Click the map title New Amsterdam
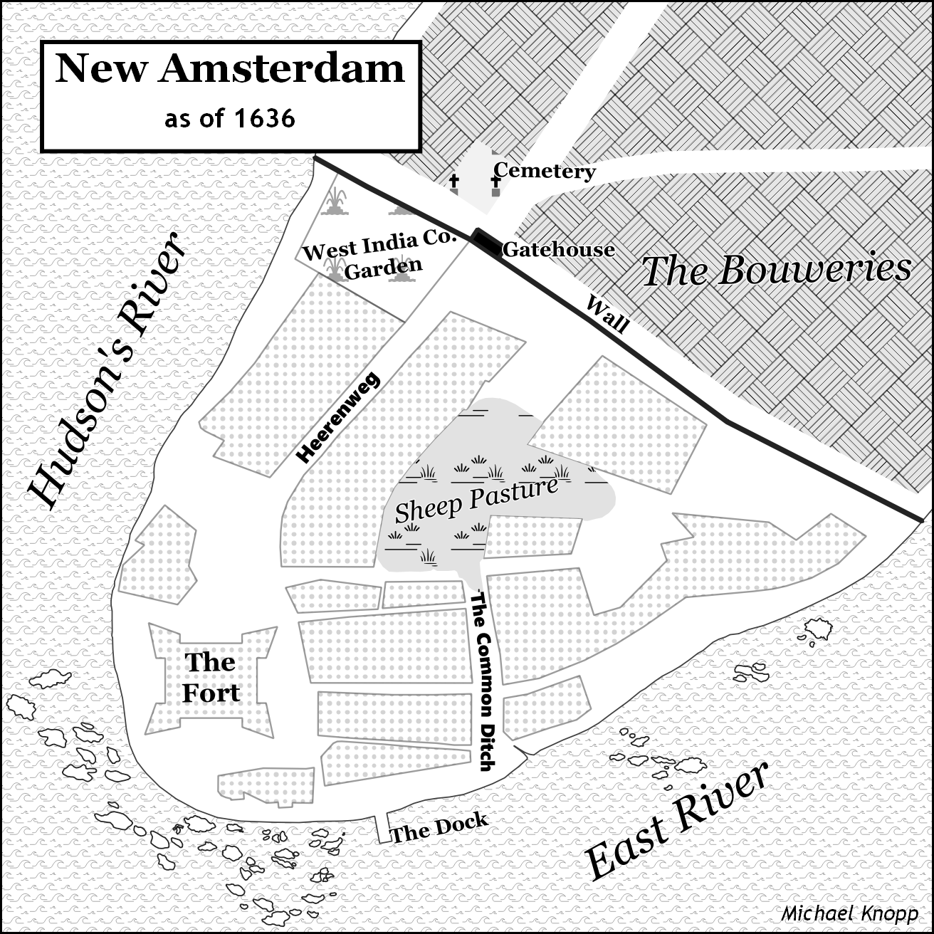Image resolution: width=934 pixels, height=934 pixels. [x=230, y=69]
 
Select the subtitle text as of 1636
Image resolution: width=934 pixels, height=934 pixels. [x=229, y=118]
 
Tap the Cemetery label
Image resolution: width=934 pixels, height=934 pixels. [x=545, y=171]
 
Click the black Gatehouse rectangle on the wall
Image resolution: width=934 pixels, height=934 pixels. [x=487, y=241]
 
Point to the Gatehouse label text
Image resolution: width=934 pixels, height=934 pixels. [x=558, y=250]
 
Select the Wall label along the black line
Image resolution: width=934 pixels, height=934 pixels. [x=607, y=314]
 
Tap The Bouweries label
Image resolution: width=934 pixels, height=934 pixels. [x=776, y=271]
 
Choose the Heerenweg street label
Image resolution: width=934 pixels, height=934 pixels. [x=338, y=418]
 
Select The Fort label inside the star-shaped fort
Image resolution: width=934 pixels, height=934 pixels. [x=211, y=678]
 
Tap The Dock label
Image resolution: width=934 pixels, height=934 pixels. [x=440, y=828]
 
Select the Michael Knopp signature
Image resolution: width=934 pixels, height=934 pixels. [x=849, y=913]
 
